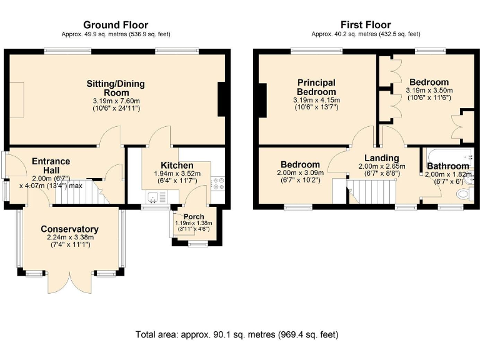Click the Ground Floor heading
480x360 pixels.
point(116,25)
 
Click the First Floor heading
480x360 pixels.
point(366,25)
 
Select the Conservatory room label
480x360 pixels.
point(70,229)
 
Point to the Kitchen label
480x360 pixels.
point(177,165)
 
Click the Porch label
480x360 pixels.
point(194,217)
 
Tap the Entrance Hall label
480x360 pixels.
point(51,166)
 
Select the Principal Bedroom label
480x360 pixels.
point(316,87)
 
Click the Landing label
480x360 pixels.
point(382,158)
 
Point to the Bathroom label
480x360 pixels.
point(448,166)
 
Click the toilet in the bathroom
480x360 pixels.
point(464,194)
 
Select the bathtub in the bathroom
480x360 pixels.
point(448,156)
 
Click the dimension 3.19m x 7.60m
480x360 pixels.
point(116,101)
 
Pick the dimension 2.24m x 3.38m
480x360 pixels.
point(71,237)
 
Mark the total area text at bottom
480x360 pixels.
point(237,334)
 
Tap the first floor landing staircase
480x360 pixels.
point(372,191)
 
